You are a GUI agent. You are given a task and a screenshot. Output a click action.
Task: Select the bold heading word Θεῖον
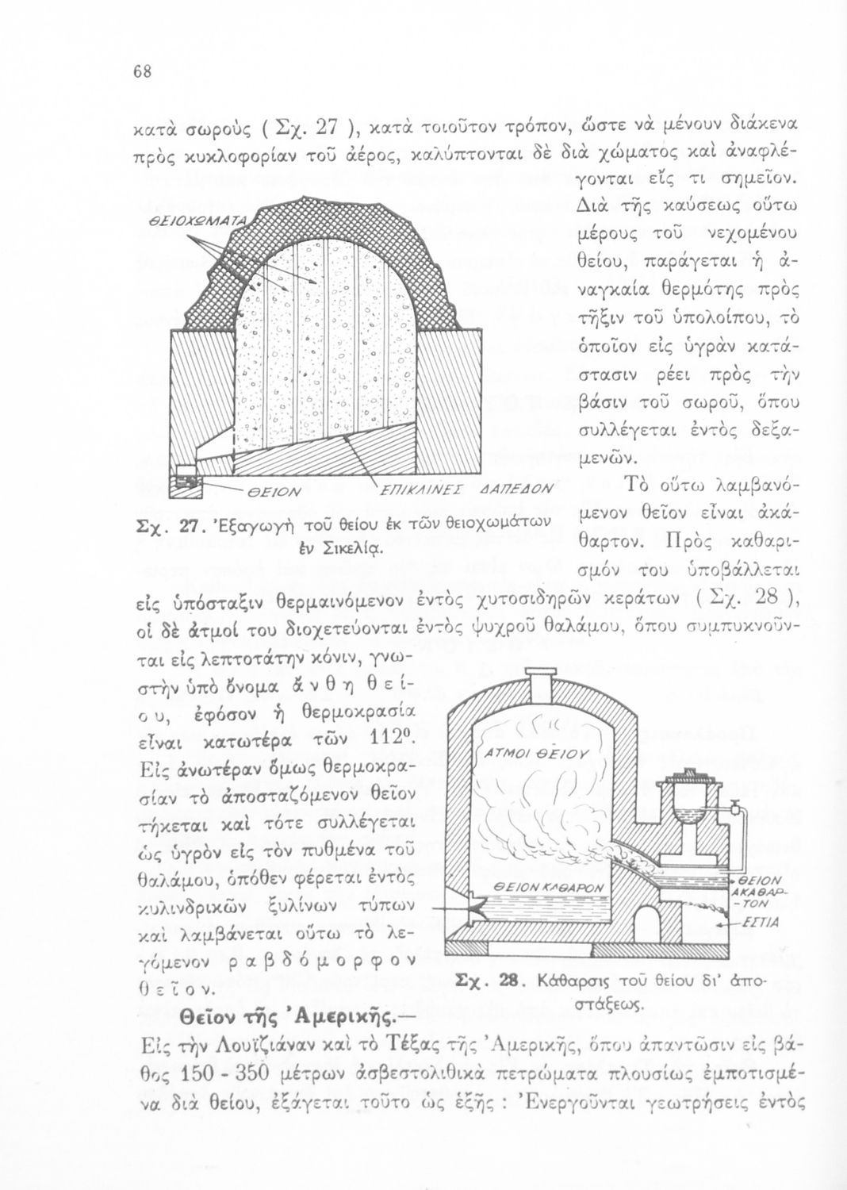(211, 1016)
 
